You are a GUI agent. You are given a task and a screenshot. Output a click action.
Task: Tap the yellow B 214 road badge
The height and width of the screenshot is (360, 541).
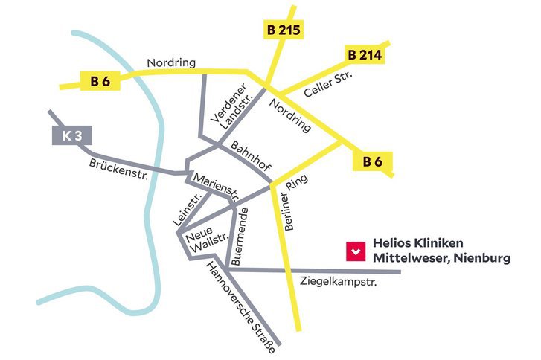(x=364, y=55)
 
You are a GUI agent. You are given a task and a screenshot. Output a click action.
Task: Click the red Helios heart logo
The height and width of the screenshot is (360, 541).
(x=356, y=251)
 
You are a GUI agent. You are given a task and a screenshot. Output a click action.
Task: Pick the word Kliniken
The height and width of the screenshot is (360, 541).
(x=438, y=244)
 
